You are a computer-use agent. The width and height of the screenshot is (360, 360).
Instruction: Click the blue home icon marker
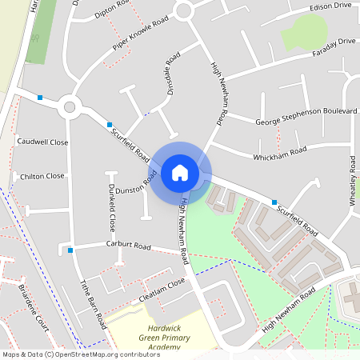180,173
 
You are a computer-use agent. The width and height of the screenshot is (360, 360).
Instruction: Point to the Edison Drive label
331,6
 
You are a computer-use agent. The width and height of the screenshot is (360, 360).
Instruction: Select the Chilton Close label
42,176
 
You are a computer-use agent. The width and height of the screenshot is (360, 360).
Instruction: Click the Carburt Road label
129,246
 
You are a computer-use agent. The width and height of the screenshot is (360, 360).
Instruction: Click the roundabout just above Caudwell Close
69,106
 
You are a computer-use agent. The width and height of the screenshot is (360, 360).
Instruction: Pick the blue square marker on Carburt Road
71,250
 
